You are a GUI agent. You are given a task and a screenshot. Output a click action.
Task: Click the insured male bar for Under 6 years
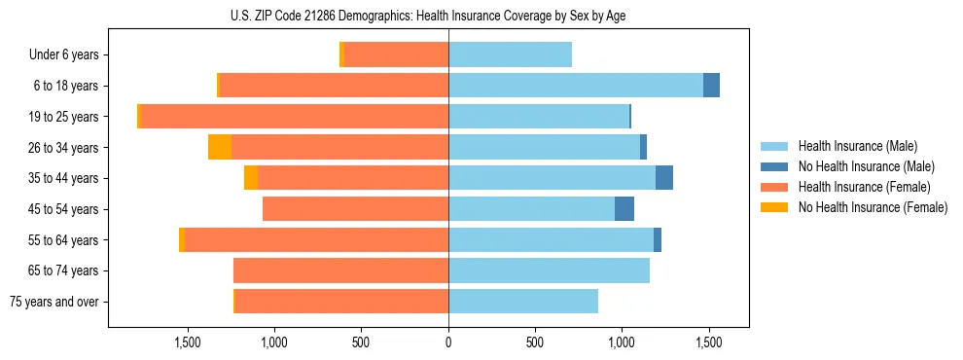point(510,54)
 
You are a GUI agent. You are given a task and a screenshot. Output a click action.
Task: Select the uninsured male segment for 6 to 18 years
point(711,86)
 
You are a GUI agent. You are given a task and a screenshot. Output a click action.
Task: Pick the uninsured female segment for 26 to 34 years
point(220,147)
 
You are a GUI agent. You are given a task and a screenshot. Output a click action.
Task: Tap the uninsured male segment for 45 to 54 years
point(624,209)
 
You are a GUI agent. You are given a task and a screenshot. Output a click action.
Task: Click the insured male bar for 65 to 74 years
point(549,270)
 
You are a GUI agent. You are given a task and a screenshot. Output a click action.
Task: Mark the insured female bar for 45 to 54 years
point(355,209)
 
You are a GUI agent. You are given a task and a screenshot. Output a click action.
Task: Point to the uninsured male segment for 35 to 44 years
point(664,178)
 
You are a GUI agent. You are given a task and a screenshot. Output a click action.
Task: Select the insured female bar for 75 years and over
point(341,302)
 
